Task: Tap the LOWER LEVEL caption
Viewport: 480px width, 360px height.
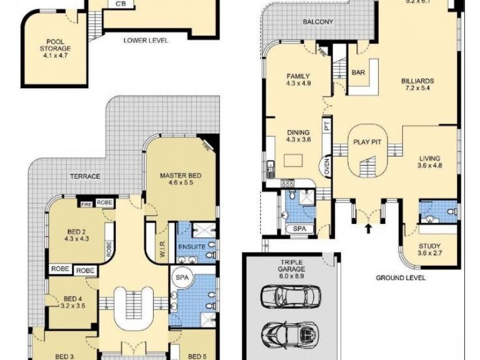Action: pos(145,41)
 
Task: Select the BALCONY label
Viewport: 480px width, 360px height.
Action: pos(318,22)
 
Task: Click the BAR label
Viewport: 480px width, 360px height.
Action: pos(359,73)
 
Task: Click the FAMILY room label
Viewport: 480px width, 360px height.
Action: pos(298,80)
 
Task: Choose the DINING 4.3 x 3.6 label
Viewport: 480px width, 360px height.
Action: pos(298,136)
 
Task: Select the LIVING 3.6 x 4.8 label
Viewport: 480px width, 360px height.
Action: pos(430,163)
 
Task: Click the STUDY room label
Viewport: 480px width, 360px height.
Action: pos(430,249)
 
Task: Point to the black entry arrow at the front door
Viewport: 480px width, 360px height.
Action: pos(368,228)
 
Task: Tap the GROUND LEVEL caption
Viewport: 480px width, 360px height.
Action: pos(401,278)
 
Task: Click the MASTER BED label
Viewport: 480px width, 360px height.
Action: pos(180,179)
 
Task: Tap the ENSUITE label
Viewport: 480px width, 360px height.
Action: pos(191,247)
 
